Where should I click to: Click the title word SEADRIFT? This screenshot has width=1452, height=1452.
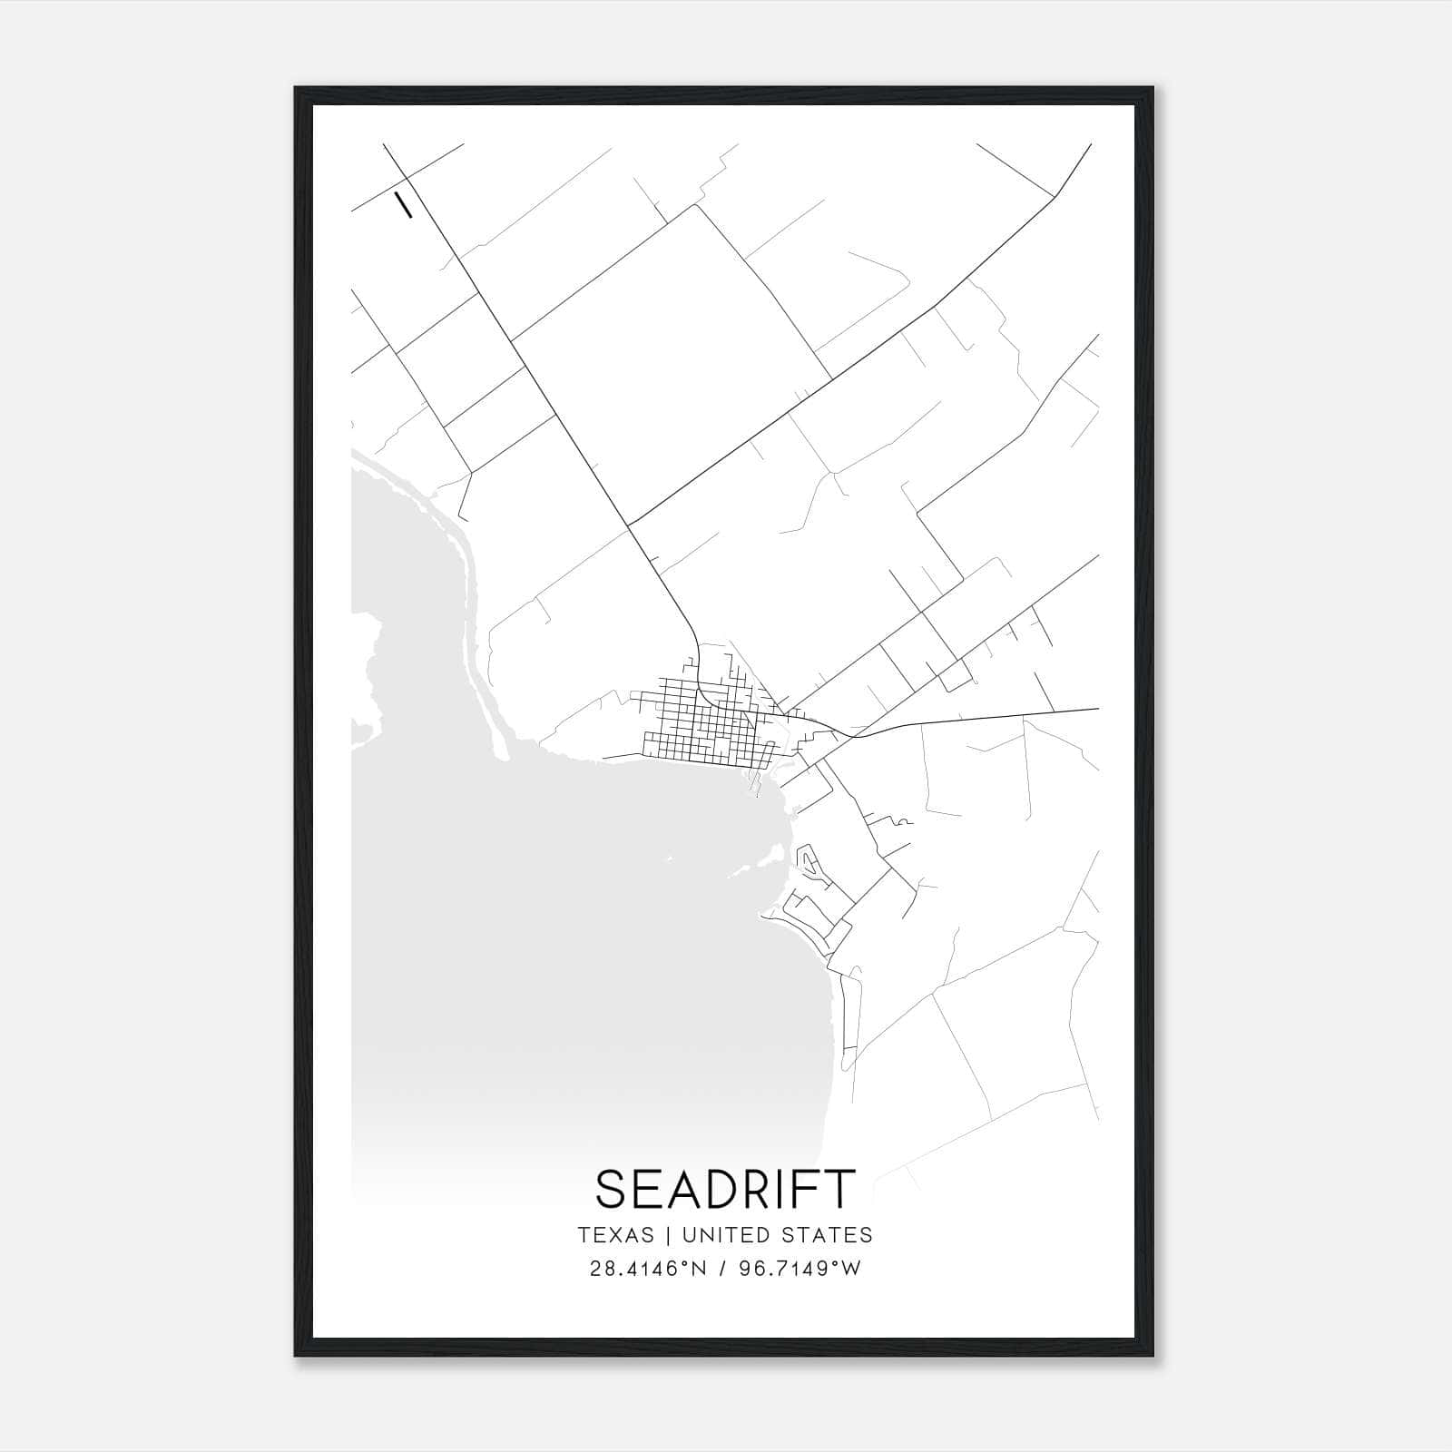tap(725, 1189)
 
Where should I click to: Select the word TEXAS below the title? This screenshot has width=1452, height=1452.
tap(615, 1235)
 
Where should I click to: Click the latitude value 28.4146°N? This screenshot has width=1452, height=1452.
tap(634, 1269)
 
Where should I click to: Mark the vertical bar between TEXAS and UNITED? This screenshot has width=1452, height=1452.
tap(668, 1235)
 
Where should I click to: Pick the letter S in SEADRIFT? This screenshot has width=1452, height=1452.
tap(611, 1189)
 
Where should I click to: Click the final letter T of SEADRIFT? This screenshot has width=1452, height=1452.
tap(842, 1189)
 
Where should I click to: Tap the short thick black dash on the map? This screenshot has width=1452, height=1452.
tap(403, 204)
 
